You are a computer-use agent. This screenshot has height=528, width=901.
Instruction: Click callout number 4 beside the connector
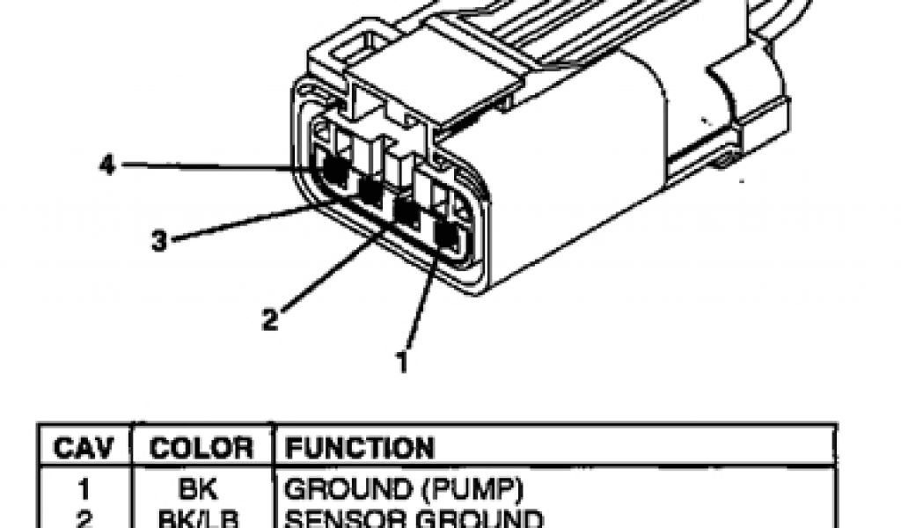coord(107,165)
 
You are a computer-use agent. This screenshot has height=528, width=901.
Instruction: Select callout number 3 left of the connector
coord(158,241)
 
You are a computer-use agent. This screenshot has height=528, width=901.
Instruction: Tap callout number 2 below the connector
coord(270,319)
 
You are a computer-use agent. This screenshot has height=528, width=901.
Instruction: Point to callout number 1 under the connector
coord(402,361)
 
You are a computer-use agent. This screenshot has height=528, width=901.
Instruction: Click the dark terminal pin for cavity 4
coord(333,167)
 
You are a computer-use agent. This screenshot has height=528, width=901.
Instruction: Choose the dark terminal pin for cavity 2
coord(407,211)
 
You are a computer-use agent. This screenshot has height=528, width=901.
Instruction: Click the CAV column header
coord(84,448)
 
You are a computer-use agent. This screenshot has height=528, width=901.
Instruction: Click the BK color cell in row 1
coord(197,487)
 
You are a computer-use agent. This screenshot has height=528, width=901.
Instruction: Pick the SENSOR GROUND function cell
coord(404,517)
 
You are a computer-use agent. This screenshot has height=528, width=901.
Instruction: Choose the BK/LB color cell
coord(197,517)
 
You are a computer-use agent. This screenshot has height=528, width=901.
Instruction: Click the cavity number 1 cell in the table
coord(85,487)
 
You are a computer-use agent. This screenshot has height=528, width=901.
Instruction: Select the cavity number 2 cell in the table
coord(84,517)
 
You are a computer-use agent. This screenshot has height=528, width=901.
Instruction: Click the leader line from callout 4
coord(220,165)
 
